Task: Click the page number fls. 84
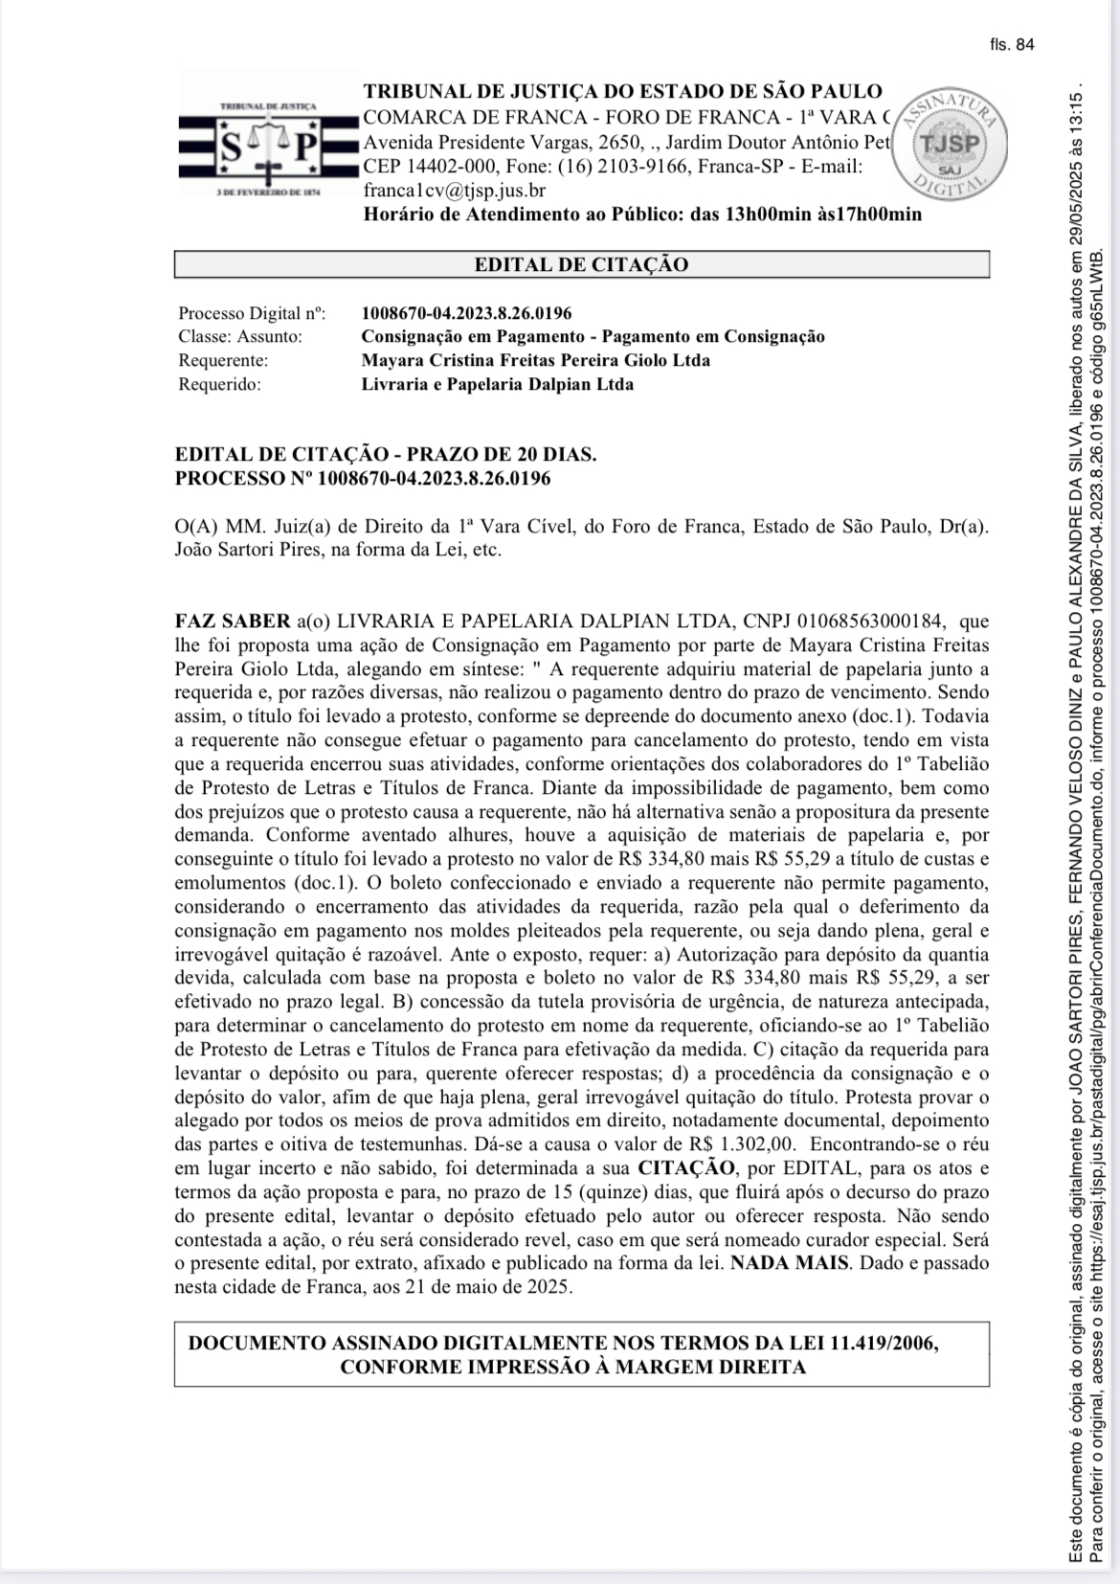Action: click(1013, 45)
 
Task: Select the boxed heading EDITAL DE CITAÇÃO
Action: click(581, 264)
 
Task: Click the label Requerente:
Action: click(223, 360)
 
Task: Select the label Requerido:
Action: click(219, 384)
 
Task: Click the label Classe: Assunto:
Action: click(240, 336)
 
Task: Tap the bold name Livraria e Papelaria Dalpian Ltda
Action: click(497, 384)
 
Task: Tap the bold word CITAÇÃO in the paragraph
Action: click(686, 1167)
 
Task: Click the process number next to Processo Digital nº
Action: click(466, 313)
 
